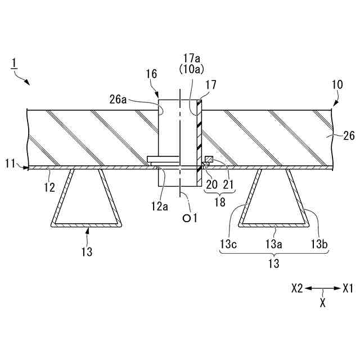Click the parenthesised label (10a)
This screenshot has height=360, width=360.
[191, 69]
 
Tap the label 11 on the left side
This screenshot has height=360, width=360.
[10, 164]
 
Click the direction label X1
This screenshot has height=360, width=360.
[348, 288]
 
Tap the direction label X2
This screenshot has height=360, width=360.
[298, 288]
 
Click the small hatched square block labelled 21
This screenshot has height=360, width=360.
[208, 160]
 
